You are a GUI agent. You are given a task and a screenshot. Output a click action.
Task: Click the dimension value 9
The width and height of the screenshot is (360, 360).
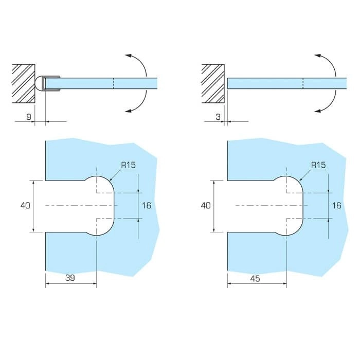point(28,117)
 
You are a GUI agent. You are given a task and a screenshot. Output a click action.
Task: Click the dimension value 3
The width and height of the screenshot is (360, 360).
point(218,117)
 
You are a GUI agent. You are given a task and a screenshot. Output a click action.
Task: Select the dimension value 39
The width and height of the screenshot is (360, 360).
point(70,278)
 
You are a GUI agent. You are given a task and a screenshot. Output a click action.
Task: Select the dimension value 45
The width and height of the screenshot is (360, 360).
point(255,279)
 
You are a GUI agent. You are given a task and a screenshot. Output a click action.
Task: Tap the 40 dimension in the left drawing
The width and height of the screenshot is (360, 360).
point(25,206)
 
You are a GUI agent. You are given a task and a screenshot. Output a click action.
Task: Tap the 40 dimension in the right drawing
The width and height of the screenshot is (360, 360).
point(206,206)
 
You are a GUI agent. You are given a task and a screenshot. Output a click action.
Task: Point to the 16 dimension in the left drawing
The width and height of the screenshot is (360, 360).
point(147,206)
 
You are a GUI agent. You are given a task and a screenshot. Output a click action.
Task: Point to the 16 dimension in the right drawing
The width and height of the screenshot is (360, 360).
point(336,206)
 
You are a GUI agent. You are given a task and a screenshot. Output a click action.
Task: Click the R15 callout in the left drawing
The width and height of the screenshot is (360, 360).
point(129,165)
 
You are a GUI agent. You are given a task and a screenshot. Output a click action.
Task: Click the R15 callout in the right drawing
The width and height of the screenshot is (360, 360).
point(318,165)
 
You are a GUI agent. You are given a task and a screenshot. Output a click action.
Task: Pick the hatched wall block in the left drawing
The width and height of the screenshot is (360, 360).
point(24,83)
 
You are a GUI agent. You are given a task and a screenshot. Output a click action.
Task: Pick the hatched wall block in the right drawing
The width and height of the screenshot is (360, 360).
point(213,83)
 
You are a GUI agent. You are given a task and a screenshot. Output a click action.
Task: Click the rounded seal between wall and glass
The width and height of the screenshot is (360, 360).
point(40,83)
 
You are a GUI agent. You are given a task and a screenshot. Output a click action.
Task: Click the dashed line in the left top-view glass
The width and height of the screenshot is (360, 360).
point(114,83)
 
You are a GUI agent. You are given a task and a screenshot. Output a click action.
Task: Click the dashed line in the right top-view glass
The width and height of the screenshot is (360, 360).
point(303,83)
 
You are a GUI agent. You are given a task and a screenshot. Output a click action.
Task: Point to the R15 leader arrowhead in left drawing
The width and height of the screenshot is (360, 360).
point(111,179)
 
